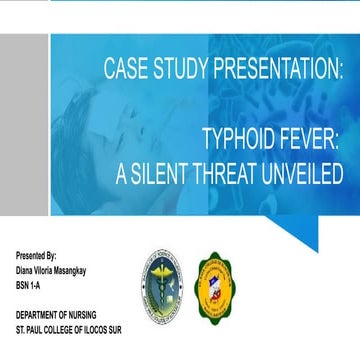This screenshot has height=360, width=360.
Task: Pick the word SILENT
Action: pos(173,172)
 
